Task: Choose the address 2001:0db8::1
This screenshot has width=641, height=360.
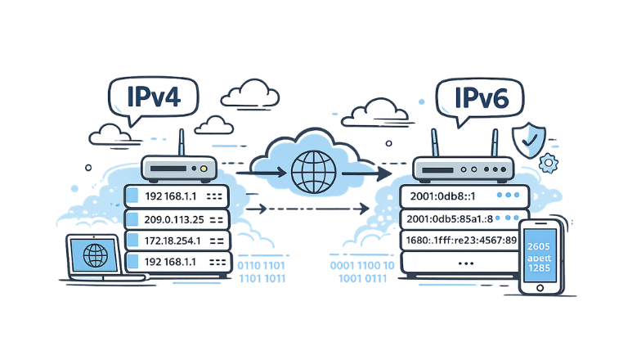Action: pos(442,197)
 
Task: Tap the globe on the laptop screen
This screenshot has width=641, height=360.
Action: pos(96,255)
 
